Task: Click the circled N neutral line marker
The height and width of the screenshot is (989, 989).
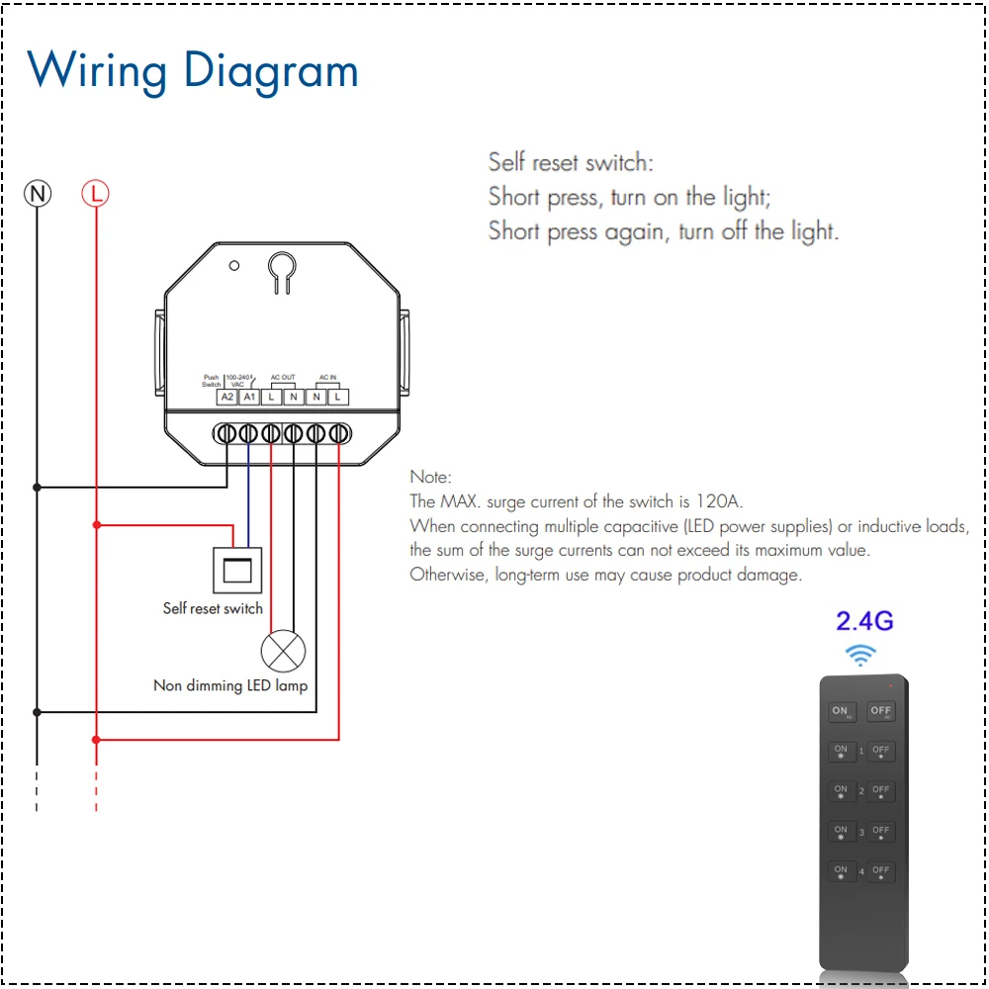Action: tap(38, 194)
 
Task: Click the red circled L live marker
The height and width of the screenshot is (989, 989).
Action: tap(96, 194)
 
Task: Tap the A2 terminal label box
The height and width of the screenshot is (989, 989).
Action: tap(227, 397)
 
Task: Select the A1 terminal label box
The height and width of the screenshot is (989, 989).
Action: tap(249, 397)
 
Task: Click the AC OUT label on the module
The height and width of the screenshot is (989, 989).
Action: tap(283, 378)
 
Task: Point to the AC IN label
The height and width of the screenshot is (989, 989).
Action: tap(327, 378)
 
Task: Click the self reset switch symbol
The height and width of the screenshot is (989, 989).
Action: tap(238, 570)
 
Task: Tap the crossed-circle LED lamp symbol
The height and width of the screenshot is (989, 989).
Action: tap(283, 651)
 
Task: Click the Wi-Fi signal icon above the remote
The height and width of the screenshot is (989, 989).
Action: tap(860, 654)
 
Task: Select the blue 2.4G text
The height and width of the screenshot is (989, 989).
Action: tap(864, 621)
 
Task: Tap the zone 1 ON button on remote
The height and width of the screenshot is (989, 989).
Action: tap(841, 752)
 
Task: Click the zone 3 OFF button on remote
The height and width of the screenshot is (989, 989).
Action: tap(880, 833)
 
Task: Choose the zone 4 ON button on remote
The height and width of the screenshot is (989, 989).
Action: tap(841, 872)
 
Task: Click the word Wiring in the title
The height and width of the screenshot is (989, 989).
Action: tap(97, 72)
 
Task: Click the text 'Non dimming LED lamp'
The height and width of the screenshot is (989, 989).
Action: tap(230, 685)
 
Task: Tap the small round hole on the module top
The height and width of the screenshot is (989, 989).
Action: tap(234, 265)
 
